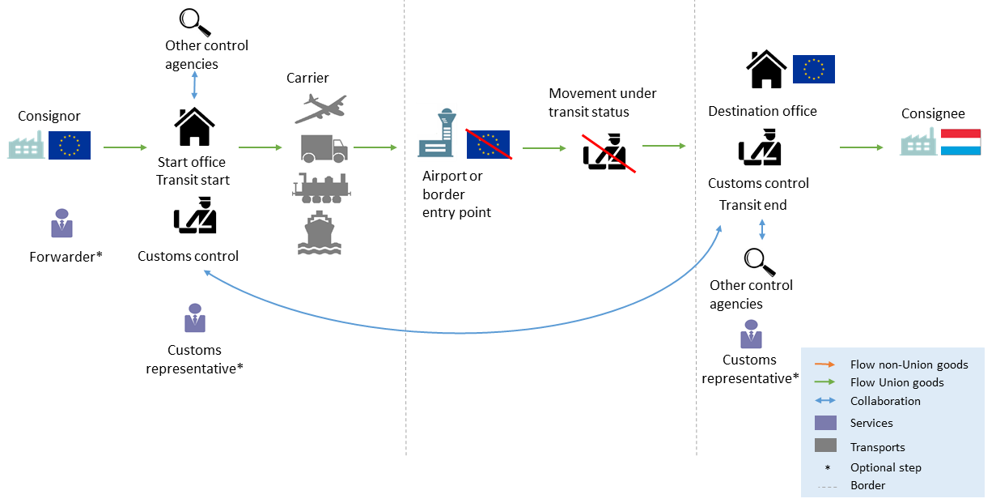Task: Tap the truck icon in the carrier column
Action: (324, 148)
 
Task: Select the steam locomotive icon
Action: (320, 187)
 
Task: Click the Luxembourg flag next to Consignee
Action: (960, 143)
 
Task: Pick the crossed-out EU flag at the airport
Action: (488, 144)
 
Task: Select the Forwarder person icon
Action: (62, 223)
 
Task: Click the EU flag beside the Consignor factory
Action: (70, 144)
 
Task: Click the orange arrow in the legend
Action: (825, 364)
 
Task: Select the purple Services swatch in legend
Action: (825, 423)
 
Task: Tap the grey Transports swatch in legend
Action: (825, 445)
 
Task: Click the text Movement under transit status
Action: (603, 103)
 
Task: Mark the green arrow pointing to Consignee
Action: (862, 147)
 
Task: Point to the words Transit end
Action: (753, 205)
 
